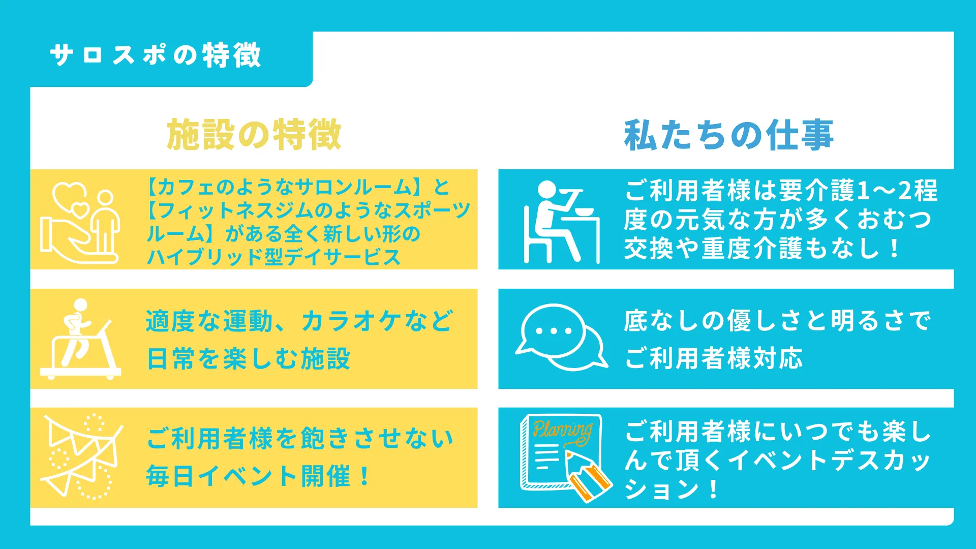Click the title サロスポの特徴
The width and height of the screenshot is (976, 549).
click(156, 55)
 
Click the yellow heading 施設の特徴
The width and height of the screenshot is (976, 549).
click(254, 135)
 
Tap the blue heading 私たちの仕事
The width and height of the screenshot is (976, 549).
click(728, 135)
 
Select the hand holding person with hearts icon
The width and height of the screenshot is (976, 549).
click(80, 223)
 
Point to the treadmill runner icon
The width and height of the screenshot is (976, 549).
click(80, 339)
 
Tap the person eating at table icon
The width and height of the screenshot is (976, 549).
click(562, 222)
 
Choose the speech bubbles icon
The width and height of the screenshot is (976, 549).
click(561, 338)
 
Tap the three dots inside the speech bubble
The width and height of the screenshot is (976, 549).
click(554, 330)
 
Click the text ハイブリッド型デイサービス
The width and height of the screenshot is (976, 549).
click(273, 257)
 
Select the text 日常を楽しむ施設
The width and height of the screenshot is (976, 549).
click(248, 358)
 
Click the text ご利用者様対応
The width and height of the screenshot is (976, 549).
click(713, 358)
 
